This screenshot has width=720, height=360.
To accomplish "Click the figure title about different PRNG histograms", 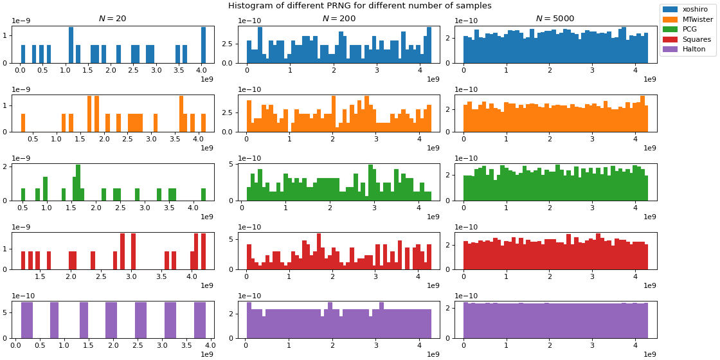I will coord(359,6).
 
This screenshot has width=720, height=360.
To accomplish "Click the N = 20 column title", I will coord(113,19).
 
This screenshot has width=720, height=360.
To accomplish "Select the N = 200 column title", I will coord(339,19).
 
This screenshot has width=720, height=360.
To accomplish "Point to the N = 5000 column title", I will coord(555,19).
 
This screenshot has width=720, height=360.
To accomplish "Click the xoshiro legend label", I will coord(695,10).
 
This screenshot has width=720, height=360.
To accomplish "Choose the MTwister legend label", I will coord(697,19).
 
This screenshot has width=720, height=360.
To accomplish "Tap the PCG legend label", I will coord(690,30).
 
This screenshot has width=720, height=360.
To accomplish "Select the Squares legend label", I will coord(696,39).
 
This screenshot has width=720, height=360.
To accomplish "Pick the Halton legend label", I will coord(694,50).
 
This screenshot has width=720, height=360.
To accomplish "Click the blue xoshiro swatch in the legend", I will coord(670,10).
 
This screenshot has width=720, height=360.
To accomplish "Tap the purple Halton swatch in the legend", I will coord(670,50).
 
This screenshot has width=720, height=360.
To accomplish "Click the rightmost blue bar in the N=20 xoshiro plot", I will coord(204,45).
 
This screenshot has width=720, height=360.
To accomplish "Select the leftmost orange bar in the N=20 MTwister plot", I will coord(23,123).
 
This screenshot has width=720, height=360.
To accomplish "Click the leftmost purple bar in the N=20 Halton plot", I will coord(26,320).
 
